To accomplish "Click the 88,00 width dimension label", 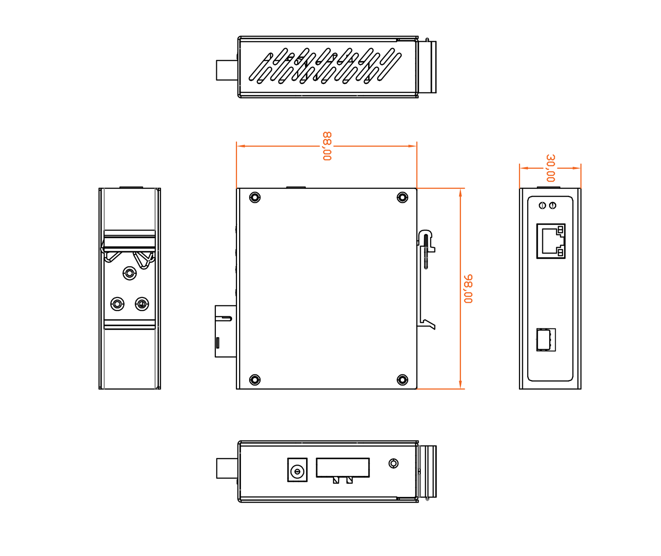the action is point(327,146).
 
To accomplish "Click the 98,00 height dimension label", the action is point(468,289).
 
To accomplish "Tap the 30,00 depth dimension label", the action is point(550,168).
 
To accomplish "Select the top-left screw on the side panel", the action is point(255,197).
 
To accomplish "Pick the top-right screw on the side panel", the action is point(402,197).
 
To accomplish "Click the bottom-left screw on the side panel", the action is point(255,380).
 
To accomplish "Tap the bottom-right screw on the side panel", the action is point(402,380).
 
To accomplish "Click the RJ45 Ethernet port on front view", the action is point(551,241).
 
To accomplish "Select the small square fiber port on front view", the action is point(546,340).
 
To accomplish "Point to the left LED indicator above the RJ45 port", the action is point(542,205).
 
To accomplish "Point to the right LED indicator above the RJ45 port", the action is point(553,205).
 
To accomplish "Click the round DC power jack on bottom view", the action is point(298,471).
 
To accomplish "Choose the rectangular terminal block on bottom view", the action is point(343,468).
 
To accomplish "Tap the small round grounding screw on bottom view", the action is point(394,464).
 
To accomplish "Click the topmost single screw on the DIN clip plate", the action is point(130,273).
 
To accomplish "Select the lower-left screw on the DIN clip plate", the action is point(117,304).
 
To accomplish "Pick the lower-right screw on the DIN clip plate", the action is point(142,304).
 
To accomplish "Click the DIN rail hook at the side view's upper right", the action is point(426,249).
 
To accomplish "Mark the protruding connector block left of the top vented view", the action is point(227,70).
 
